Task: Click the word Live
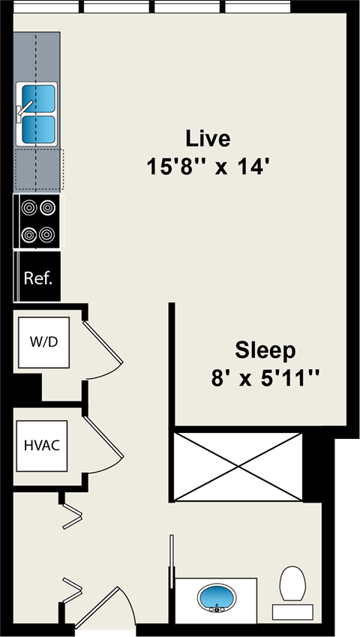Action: click(208, 139)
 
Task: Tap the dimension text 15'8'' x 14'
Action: click(208, 166)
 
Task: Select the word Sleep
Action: click(265, 350)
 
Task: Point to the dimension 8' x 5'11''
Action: click(265, 376)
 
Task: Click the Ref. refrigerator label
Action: click(37, 278)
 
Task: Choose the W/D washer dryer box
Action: click(43, 342)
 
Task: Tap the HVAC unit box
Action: click(42, 444)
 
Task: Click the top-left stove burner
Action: click(29, 207)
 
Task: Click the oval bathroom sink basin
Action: click(216, 599)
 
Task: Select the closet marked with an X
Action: click(238, 467)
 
